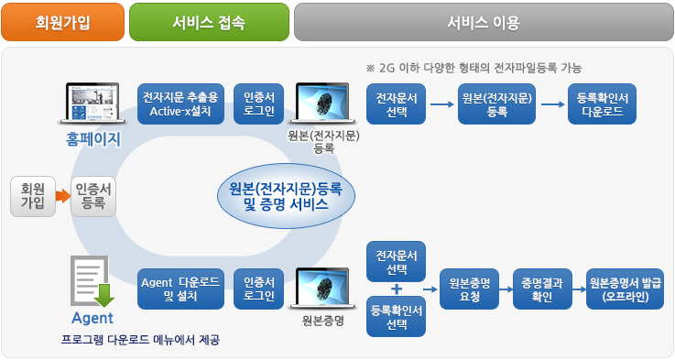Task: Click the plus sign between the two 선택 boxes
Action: coord(397,289)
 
